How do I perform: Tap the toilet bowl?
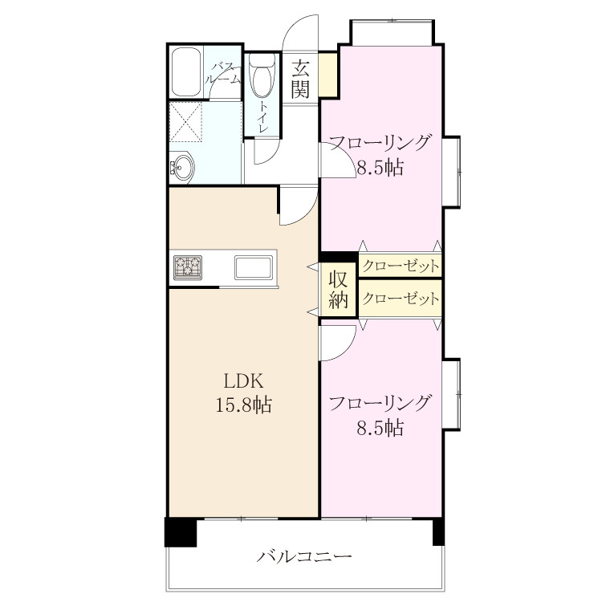pyautogui.click(x=262, y=75)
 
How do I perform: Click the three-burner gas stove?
pyautogui.click(x=188, y=267)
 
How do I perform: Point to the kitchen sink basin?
pyautogui.click(x=254, y=267)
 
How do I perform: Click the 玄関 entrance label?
pyautogui.click(x=300, y=79)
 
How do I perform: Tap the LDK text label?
pyautogui.click(x=244, y=381)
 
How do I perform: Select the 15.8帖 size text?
pyautogui.click(x=244, y=405)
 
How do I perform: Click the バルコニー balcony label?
pyautogui.click(x=304, y=556)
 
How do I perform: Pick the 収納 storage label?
pyautogui.click(x=339, y=290)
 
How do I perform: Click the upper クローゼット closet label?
pyautogui.click(x=401, y=266)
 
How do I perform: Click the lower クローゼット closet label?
pyautogui.click(x=401, y=299)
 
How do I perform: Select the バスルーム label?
pyautogui.click(x=223, y=73)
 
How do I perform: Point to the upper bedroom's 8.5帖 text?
pyautogui.click(x=380, y=168)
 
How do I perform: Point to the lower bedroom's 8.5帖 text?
pyautogui.click(x=380, y=428)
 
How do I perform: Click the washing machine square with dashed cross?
pyautogui.click(x=186, y=122)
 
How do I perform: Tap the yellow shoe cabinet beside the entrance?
pyautogui.click(x=328, y=74)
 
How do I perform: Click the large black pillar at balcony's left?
pyautogui.click(x=181, y=531)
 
